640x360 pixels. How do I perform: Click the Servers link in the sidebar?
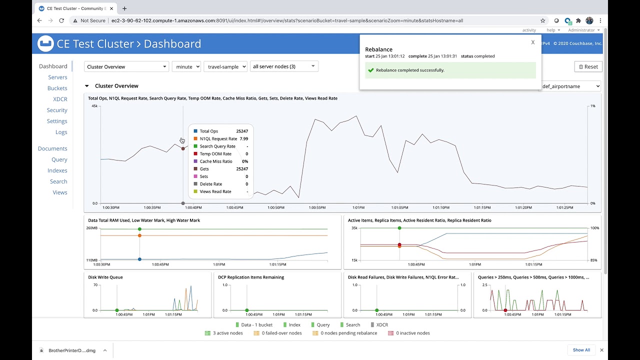pos(57,77)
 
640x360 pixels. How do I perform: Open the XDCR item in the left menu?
pos(60,99)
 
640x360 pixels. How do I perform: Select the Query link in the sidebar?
pos(59,159)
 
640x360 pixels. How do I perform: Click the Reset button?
pos(588,66)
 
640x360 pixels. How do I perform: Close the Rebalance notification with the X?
pos(533,42)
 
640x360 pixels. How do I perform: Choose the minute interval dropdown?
pos(186,66)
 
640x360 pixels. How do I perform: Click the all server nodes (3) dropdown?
pos(284,66)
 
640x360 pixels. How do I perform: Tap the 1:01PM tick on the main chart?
pos(358,207)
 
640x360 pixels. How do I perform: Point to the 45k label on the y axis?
pos(94,106)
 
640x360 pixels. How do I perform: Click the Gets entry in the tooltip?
pos(204,169)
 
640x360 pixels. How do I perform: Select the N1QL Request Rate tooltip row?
pos(218,139)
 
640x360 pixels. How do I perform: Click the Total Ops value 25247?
pos(242,131)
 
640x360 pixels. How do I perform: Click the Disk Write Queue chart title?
pos(105,277)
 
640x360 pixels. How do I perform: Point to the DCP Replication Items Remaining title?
pos(251,277)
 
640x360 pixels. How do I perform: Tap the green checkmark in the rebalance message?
pos(370,70)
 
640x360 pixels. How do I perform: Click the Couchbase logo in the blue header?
pos(45,44)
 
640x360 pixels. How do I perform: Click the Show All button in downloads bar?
pos(581,350)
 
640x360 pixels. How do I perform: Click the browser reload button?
pos(61,20)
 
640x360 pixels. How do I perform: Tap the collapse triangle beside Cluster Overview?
pos(87,86)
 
